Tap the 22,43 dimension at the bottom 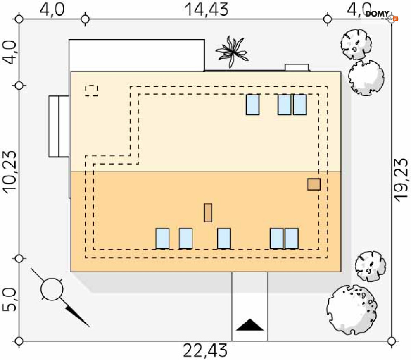pyautogui.click(x=205, y=351)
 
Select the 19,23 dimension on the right pyautogui.click(x=401, y=179)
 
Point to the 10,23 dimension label pyautogui.click(x=10, y=171)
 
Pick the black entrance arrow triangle pyautogui.click(x=250, y=325)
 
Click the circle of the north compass pyautogui.click(x=52, y=289)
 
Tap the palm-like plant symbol pyautogui.click(x=232, y=51)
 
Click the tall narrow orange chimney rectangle pyautogui.click(x=208, y=212)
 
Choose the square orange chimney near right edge pyautogui.click(x=314, y=184)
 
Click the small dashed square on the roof pyautogui.click(x=91, y=91)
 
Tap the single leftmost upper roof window pyautogui.click(x=252, y=105)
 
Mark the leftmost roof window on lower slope pyautogui.click(x=162, y=238)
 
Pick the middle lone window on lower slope pyautogui.click(x=224, y=238)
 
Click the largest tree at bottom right pyautogui.click(x=351, y=309)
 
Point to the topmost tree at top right pyautogui.click(x=356, y=43)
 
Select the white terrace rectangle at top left pyautogui.click(x=136, y=55)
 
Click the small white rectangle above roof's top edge pyautogui.click(x=297, y=68)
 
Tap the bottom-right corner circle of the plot pyautogui.click(x=392, y=341)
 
